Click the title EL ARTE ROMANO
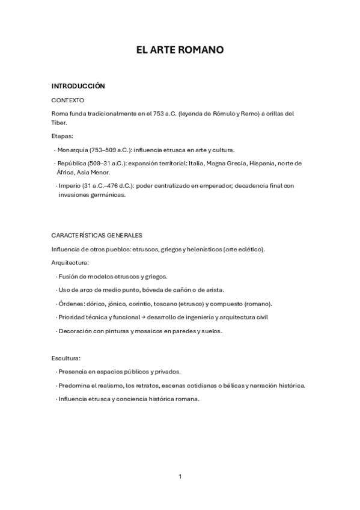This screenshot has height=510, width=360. click(180, 50)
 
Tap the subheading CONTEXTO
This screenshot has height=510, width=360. click(68, 100)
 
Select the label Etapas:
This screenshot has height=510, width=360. click(63, 136)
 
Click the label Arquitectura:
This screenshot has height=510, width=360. click(70, 263)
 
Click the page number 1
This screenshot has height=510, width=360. click(180, 477)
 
